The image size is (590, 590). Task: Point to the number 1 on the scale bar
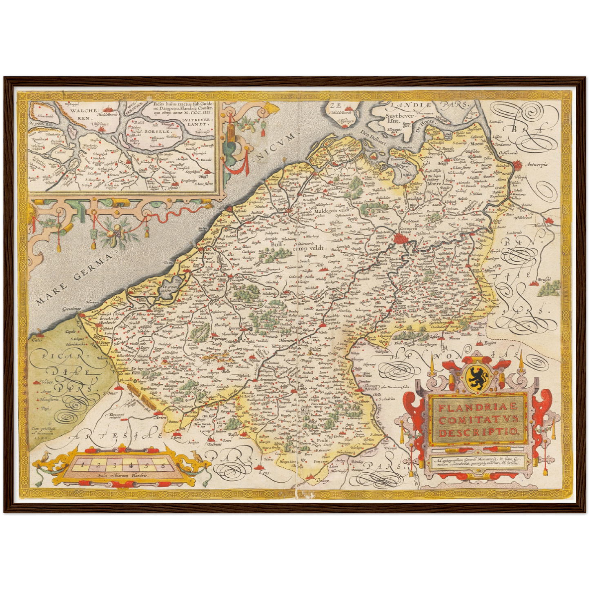82,465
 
